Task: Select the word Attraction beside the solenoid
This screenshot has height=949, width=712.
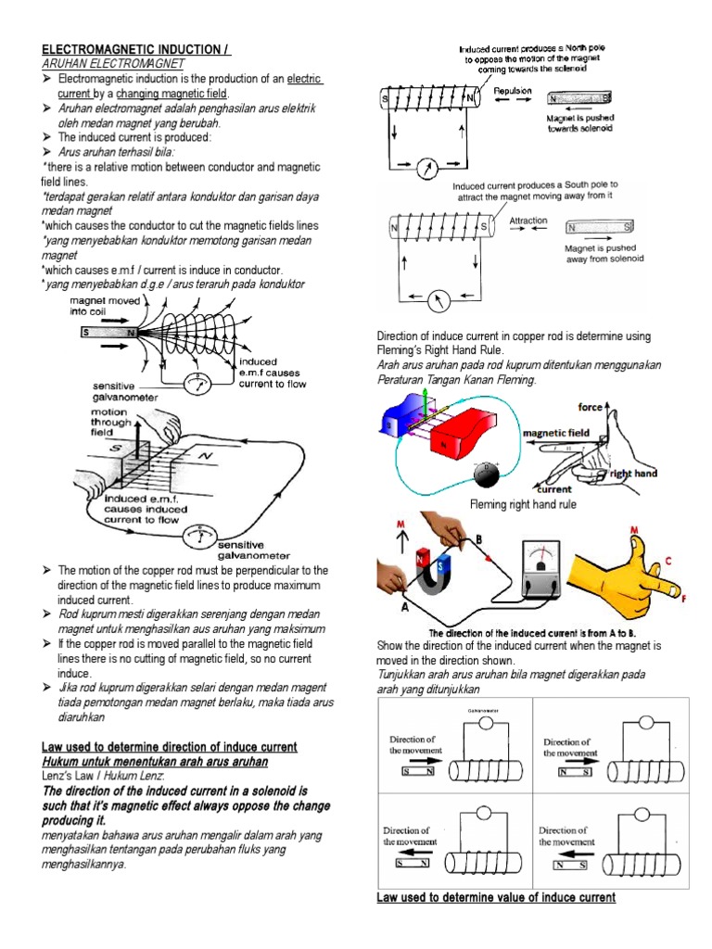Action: tap(528, 221)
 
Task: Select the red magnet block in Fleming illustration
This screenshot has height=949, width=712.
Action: tap(467, 429)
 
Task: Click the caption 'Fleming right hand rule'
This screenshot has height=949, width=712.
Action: tap(523, 505)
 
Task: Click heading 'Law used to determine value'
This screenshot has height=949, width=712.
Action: tap(496, 897)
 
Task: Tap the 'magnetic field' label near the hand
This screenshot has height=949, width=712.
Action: tap(557, 432)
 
